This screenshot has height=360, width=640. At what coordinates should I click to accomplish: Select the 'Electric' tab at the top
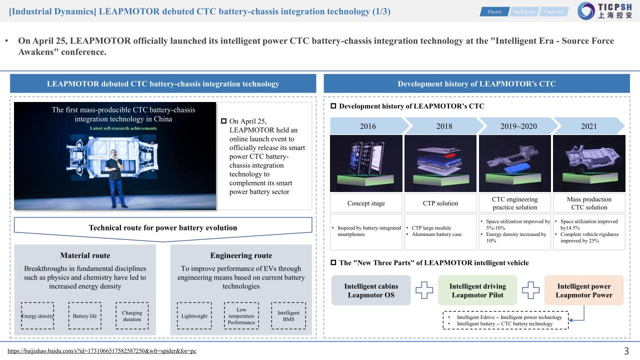tap(494, 11)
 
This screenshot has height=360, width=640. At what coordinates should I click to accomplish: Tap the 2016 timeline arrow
tap(368, 126)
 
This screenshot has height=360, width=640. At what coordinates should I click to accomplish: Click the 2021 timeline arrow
tap(589, 126)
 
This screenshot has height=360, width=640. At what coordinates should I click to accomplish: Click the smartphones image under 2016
tap(366, 163)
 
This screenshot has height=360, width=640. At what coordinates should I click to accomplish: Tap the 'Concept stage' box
tap(366, 203)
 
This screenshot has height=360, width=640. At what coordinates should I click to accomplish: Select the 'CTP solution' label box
tap(441, 203)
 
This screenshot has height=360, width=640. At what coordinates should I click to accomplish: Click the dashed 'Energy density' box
tap(37, 316)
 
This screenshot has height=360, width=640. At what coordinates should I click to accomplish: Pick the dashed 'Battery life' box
tap(84, 316)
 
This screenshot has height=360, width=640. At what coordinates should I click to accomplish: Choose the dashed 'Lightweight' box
tap(194, 316)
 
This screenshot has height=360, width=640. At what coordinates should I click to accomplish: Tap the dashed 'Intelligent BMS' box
tap(288, 316)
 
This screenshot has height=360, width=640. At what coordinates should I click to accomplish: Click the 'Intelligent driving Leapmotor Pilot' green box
tap(477, 290)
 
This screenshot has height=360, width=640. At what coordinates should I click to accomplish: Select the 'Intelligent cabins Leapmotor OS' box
tap(371, 290)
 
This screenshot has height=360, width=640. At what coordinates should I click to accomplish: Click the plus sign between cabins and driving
tap(424, 290)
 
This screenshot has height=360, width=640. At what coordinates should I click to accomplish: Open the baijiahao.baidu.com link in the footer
tap(102, 351)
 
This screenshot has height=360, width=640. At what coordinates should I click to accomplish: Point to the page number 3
tap(626, 351)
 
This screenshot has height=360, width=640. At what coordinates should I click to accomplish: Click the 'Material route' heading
tap(85, 255)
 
